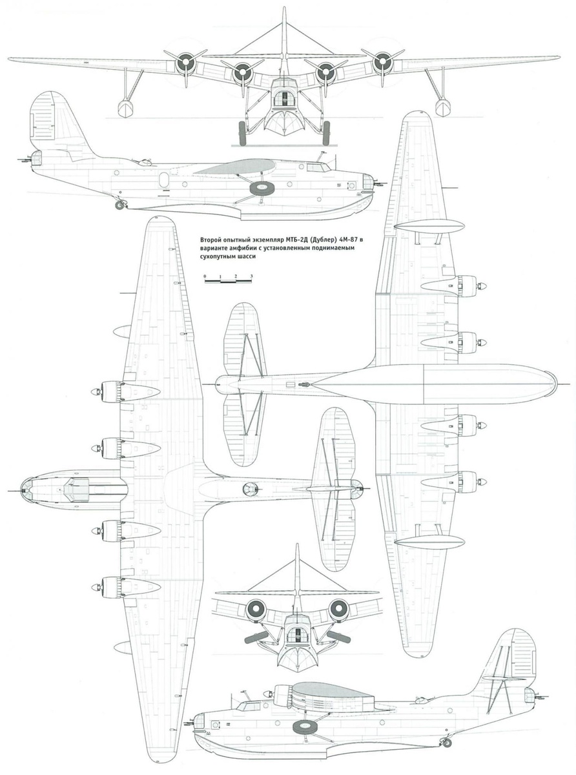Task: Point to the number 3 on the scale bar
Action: (x=251, y=276)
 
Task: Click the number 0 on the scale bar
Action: (x=205, y=276)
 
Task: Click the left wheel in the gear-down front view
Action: (x=243, y=133)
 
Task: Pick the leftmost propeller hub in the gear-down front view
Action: (x=185, y=63)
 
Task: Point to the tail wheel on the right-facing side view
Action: (x=119, y=205)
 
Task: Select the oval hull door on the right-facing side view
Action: (x=163, y=180)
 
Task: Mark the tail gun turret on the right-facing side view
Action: (x=36, y=158)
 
